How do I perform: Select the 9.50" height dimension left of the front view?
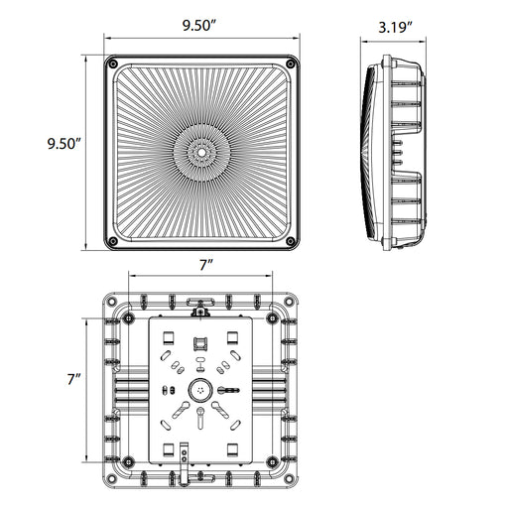click(63, 144)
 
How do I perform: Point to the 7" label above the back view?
click(203, 265)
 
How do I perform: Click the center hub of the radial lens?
click(202, 152)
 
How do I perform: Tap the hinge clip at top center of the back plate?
click(202, 312)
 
